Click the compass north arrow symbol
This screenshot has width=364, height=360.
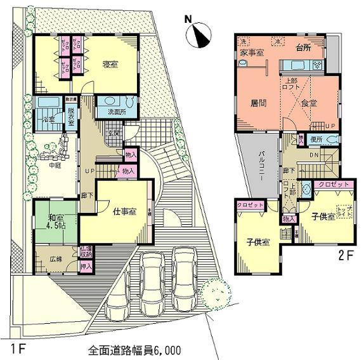coord(201,34)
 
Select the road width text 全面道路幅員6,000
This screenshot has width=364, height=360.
coord(134,350)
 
